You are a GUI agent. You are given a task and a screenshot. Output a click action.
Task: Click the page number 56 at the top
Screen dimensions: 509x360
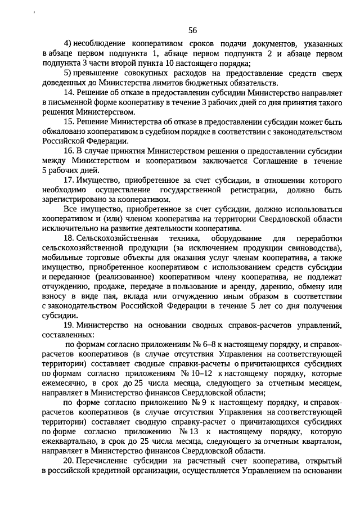[192, 30]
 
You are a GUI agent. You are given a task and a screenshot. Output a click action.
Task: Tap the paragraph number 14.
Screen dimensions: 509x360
[69, 92]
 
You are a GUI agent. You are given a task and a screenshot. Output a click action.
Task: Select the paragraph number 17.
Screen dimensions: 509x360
[69, 180]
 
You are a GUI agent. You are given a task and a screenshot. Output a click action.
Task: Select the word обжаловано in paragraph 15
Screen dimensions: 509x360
[62, 131]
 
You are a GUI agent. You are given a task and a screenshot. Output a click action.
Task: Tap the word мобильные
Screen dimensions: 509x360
[62, 258]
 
